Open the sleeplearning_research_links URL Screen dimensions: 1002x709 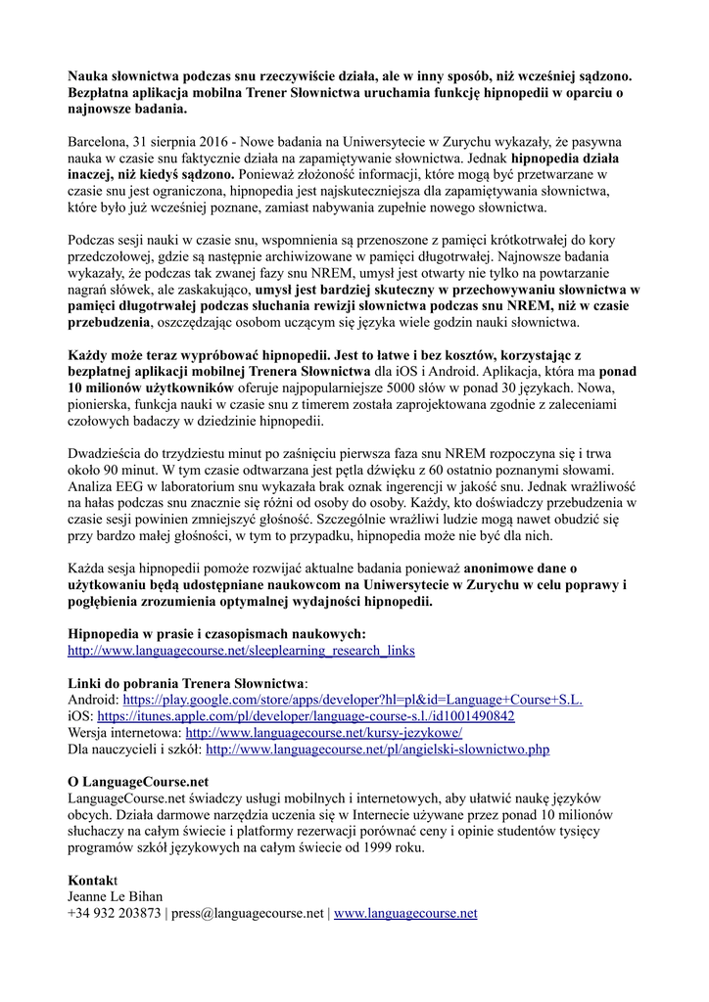(241, 650)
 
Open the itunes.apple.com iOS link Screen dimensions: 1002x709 (307, 715)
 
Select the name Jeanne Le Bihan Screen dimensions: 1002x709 (115, 896)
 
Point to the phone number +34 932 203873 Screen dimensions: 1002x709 (115, 913)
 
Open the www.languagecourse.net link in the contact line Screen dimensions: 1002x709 (405, 913)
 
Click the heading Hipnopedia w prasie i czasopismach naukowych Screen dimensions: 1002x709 (217, 633)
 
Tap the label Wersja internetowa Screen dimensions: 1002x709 (123, 732)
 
